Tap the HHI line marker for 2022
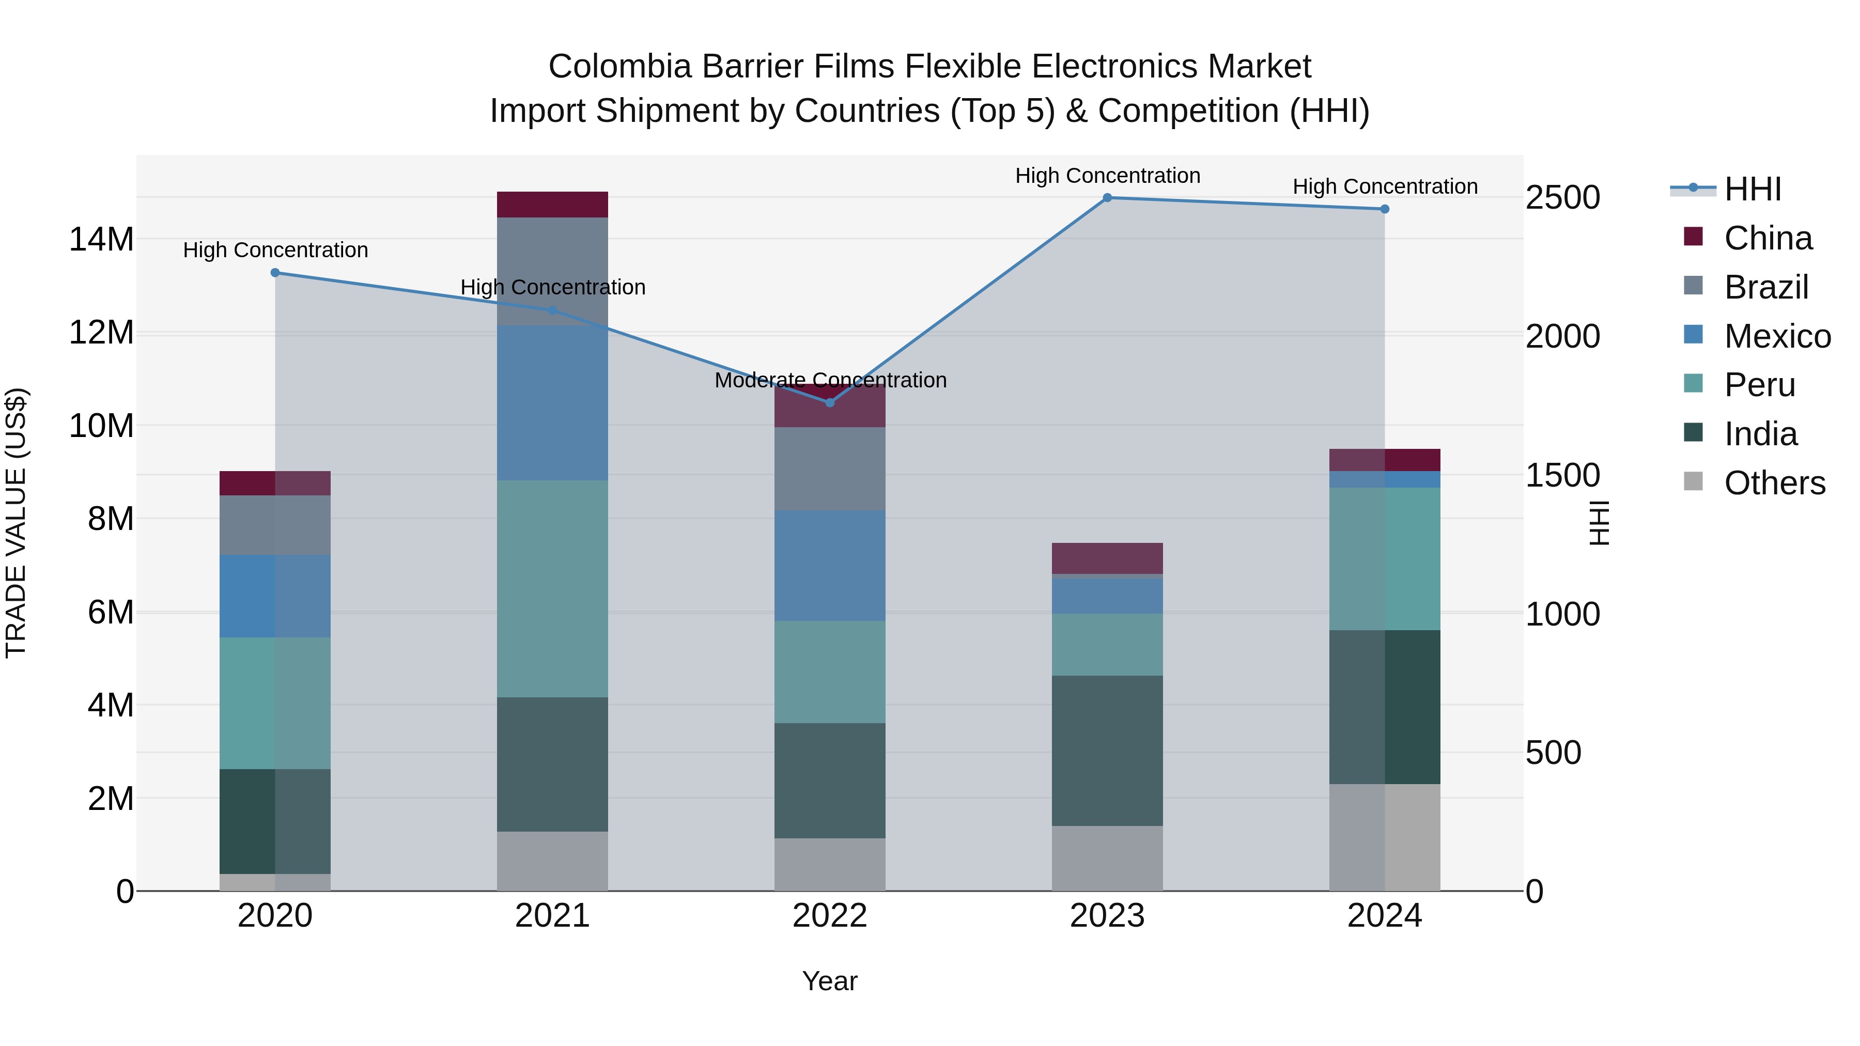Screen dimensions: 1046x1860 click(x=830, y=403)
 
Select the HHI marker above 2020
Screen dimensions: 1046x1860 click(x=275, y=273)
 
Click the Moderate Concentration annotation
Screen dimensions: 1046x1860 click(x=830, y=380)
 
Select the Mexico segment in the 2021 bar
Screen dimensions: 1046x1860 click(x=552, y=403)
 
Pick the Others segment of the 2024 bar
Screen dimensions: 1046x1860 click(x=1384, y=837)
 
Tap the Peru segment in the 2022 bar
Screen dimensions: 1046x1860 click(x=830, y=672)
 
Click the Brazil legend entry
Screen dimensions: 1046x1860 click(x=1765, y=287)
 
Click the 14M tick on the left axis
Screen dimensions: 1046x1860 click(x=101, y=240)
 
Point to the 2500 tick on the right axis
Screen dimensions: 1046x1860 click(x=1562, y=198)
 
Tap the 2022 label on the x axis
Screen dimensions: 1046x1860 click(x=830, y=916)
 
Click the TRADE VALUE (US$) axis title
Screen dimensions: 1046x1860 click(x=16, y=523)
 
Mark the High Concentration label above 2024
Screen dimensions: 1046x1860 click(x=1384, y=187)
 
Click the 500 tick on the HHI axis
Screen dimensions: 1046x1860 click(x=1553, y=753)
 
